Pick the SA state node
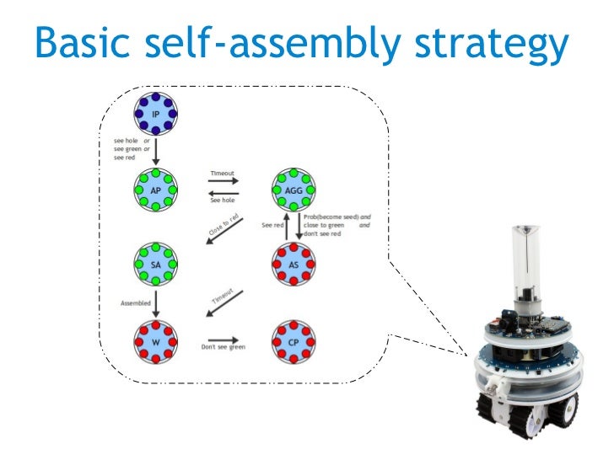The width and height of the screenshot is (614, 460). pyautogui.click(x=155, y=264)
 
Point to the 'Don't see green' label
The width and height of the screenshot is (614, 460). pyautogui.click(x=223, y=346)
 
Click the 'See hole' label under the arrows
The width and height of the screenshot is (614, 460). pyautogui.click(x=222, y=201)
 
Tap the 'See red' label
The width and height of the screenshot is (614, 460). pyautogui.click(x=272, y=226)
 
